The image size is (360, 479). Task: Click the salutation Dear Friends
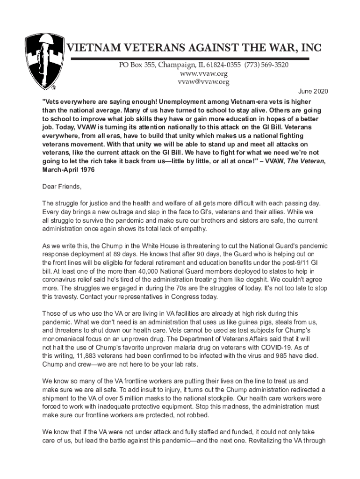(62, 187)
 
